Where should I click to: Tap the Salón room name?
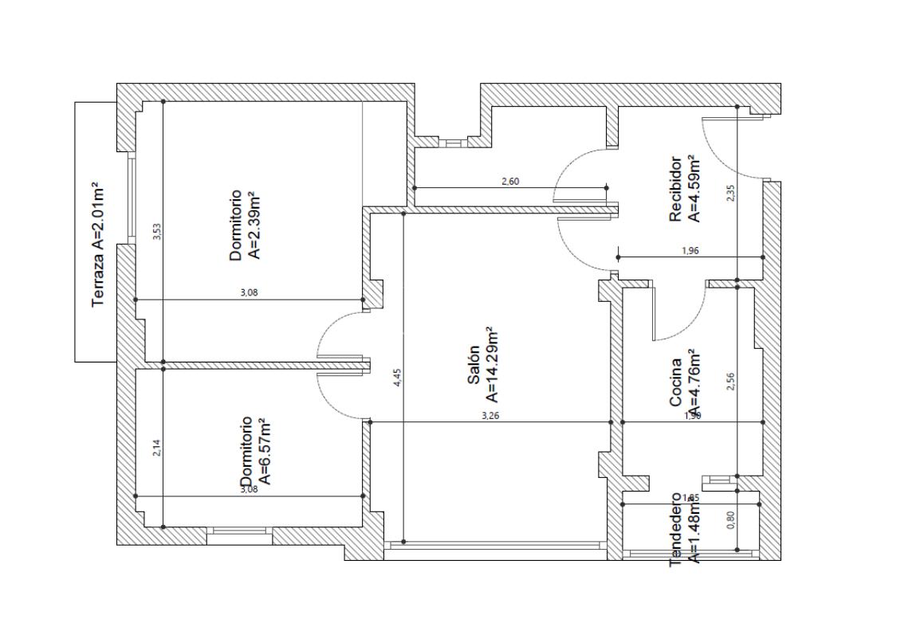pyautogui.click(x=473, y=365)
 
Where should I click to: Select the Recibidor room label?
pyautogui.click(x=676, y=189)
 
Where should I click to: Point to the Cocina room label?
pyautogui.click(x=675, y=382)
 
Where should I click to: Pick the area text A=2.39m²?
pyautogui.click(x=254, y=225)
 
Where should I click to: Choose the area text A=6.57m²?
pyautogui.click(x=266, y=449)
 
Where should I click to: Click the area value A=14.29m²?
pyautogui.click(x=492, y=363)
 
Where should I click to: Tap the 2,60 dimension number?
pyautogui.click(x=510, y=182)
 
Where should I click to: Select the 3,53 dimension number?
pyautogui.click(x=157, y=231)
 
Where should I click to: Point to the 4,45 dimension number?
pyautogui.click(x=398, y=377)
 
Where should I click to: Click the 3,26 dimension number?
pyautogui.click(x=490, y=415)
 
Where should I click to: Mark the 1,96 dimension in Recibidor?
pyautogui.click(x=690, y=251)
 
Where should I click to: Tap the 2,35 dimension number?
pyautogui.click(x=731, y=193)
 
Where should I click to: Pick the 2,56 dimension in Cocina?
pyautogui.click(x=731, y=382)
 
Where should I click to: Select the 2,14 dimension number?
pyautogui.click(x=157, y=449)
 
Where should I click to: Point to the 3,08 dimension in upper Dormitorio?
pyautogui.click(x=249, y=292)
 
